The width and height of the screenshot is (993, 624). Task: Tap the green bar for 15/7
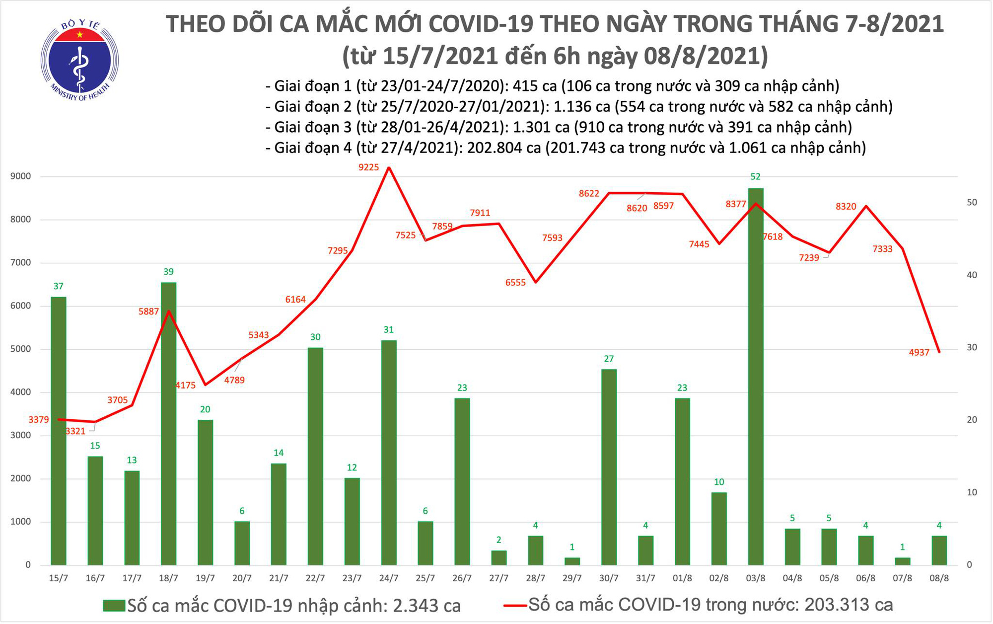coord(59,431)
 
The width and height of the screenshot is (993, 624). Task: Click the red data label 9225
coord(368,167)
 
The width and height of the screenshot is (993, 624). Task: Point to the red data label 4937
coord(919,352)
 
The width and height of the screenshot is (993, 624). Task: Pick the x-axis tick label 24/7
coord(389,579)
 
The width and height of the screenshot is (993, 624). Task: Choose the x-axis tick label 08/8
coord(939,579)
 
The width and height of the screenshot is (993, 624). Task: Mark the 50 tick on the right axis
coord(972,202)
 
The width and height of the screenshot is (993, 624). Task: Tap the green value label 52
coord(755,176)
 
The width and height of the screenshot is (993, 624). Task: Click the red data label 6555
coord(515,283)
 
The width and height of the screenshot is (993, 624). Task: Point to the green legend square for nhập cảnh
coord(114,606)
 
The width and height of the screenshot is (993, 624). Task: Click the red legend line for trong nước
coord(515,606)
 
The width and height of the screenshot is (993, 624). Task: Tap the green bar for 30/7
coord(609,467)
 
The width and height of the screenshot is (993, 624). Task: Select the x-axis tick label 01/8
coord(682,579)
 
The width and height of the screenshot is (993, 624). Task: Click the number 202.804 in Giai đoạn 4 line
coord(495,148)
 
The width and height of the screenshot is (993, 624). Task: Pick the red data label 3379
coord(38,420)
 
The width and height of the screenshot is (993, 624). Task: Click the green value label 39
coord(169,272)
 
